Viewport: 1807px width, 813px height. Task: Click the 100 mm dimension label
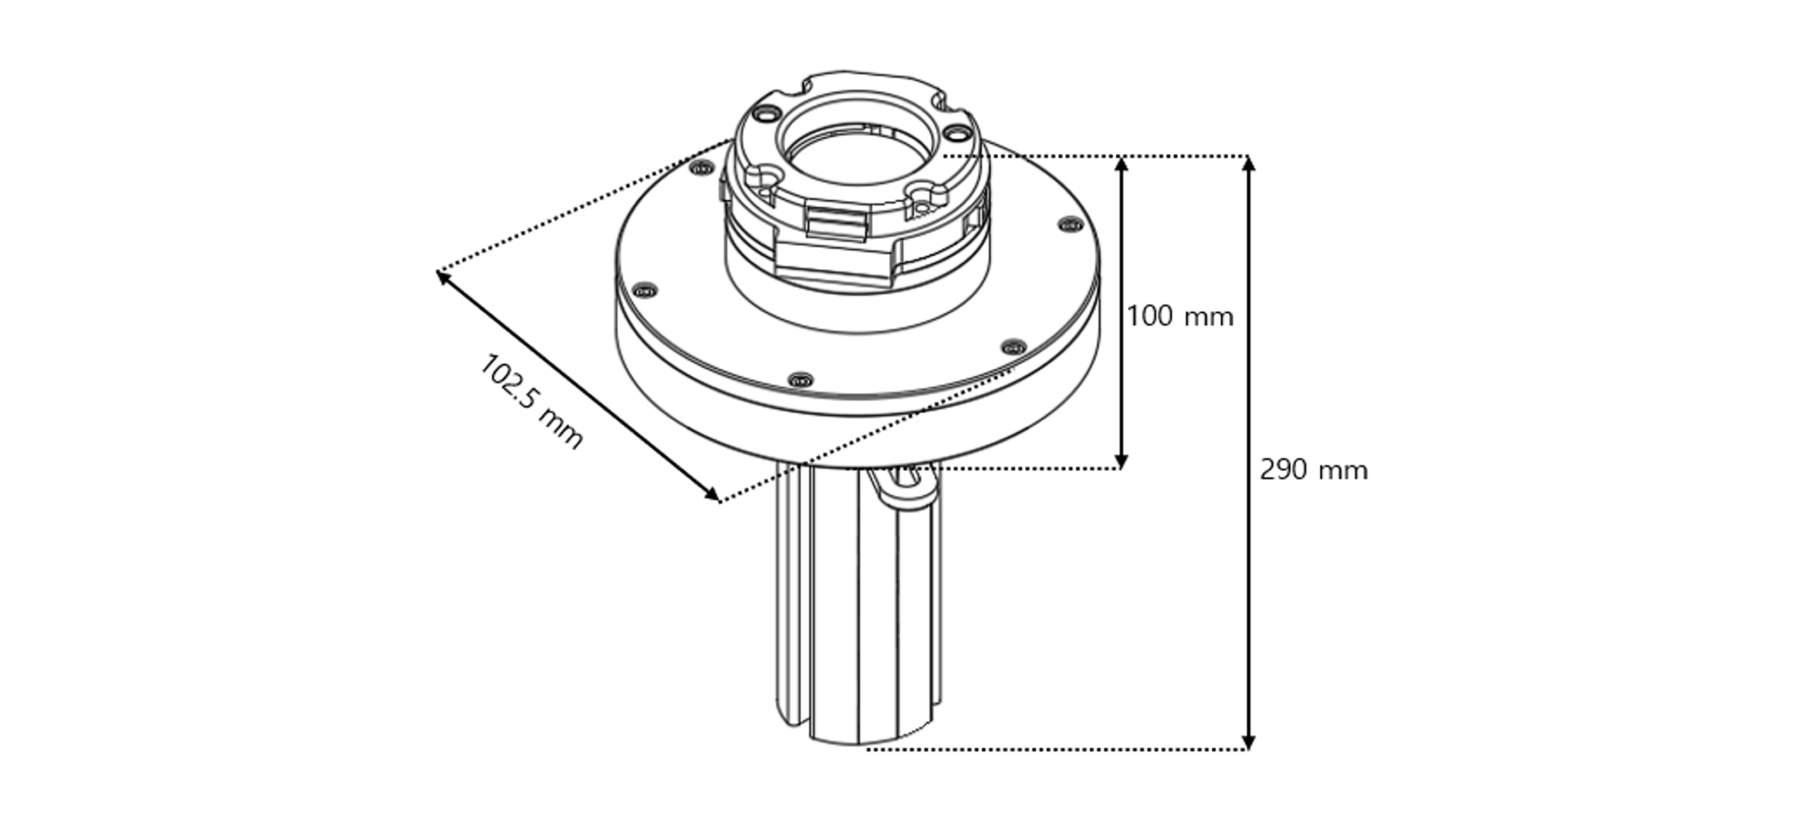[1179, 316]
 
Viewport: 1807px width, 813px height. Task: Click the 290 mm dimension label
[1313, 470]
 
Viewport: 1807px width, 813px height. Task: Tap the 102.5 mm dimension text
[532, 401]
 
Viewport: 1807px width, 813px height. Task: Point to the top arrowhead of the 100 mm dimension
[1121, 164]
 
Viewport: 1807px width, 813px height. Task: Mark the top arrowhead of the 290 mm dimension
[1248, 164]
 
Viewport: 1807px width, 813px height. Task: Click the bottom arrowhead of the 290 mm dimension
[1248, 742]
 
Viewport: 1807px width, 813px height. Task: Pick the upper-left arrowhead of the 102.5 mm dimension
[443, 277]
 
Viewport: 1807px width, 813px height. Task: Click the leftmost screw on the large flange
[644, 290]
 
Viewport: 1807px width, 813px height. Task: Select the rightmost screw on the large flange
[1070, 224]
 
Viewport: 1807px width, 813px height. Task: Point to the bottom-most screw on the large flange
[800, 380]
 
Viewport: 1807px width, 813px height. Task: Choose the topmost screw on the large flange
[702, 168]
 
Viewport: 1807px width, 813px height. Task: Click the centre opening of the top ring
[858, 155]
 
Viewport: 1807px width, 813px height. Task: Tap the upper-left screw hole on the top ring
[767, 113]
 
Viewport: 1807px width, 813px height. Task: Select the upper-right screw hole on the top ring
[956, 132]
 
